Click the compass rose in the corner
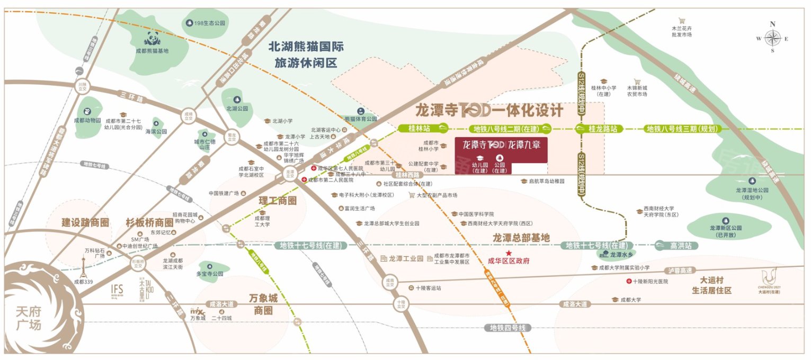(x=772, y=38)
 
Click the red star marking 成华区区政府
(x=509, y=253)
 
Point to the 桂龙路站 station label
(x=599, y=129)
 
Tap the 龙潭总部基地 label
(x=521, y=237)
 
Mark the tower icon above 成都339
(x=83, y=267)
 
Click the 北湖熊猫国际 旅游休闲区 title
(x=305, y=55)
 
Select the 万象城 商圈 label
(x=263, y=304)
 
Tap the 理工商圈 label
(x=277, y=201)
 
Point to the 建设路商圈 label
(x=85, y=222)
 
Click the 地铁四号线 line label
(x=507, y=328)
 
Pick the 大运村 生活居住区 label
(x=711, y=285)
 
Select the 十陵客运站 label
(x=428, y=288)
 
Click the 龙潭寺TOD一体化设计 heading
(x=489, y=111)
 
